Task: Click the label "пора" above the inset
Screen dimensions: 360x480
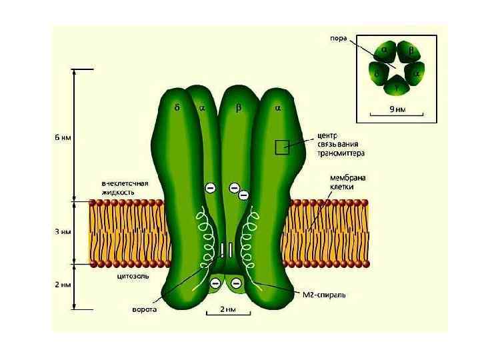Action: click(x=339, y=38)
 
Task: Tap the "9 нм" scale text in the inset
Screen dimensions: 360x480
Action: click(x=397, y=108)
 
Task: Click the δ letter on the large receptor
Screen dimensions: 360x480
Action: click(x=177, y=107)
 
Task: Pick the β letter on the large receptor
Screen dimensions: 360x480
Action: click(x=238, y=107)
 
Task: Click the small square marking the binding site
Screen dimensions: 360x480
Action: click(x=281, y=147)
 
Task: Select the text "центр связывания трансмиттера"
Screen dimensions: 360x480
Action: click(x=340, y=143)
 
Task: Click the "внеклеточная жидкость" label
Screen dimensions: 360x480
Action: click(x=125, y=187)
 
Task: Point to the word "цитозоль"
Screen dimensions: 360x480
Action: click(x=133, y=275)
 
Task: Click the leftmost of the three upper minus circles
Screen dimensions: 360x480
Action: click(x=209, y=189)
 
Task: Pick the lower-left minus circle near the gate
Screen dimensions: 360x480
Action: click(x=215, y=284)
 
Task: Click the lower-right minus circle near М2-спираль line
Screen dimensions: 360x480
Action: click(x=237, y=284)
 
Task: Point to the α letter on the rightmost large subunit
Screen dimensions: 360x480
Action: click(x=278, y=107)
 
